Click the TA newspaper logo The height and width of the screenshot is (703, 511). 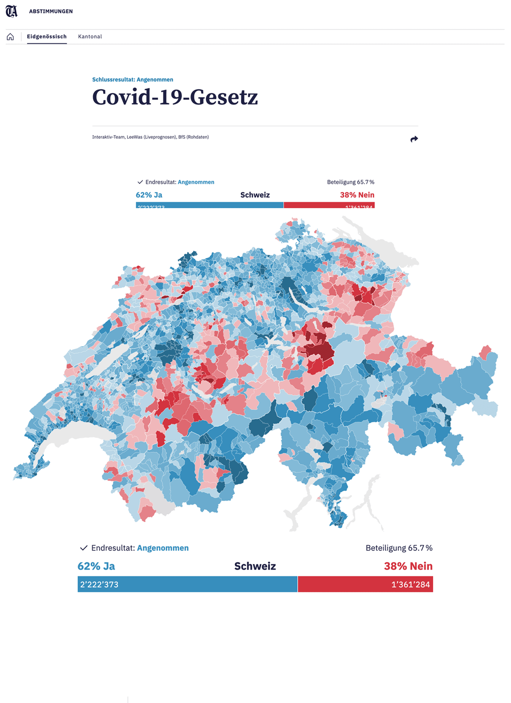[11, 11]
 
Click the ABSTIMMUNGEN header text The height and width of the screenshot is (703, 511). [51, 11]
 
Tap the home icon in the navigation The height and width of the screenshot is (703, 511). [10, 37]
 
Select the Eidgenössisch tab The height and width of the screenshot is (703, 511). [47, 37]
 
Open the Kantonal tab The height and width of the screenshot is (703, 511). [90, 37]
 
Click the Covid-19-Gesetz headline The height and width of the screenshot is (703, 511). [175, 97]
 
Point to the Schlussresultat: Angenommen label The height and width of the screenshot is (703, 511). [132, 80]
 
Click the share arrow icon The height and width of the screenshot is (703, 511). [414, 139]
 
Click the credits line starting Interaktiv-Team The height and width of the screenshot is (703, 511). [150, 137]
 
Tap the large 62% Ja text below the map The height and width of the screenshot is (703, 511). [96, 566]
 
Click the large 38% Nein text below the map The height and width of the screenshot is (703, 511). [408, 566]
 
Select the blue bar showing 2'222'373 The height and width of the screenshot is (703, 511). [187, 584]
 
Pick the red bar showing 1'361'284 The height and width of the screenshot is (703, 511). [365, 584]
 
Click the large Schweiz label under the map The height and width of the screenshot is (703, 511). [255, 566]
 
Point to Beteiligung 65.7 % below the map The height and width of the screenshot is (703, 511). [399, 548]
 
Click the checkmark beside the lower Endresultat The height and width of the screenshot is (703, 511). [84, 548]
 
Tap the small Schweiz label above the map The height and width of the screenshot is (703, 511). [255, 195]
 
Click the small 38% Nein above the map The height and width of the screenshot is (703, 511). [357, 195]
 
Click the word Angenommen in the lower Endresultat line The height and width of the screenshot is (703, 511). [163, 548]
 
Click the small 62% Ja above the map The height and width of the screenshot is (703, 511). [149, 195]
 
